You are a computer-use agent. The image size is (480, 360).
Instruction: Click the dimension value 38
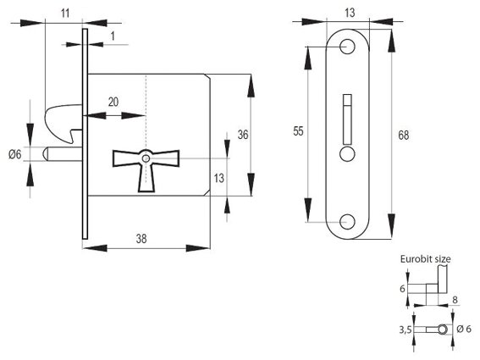(x=141, y=239)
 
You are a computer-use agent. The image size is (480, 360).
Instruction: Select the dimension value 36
(x=243, y=135)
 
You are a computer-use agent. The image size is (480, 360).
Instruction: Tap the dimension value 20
(x=113, y=102)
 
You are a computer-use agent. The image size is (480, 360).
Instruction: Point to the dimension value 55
(x=298, y=131)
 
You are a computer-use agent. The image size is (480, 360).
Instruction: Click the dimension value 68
(x=404, y=135)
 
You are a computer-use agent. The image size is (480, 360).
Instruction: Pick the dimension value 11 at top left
(x=65, y=14)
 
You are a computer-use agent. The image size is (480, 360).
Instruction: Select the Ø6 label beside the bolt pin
(x=15, y=154)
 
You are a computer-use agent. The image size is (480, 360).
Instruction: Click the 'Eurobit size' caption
(x=426, y=259)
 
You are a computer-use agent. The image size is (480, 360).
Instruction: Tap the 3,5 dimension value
(x=405, y=330)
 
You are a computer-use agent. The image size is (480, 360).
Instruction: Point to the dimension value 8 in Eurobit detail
(x=455, y=300)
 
